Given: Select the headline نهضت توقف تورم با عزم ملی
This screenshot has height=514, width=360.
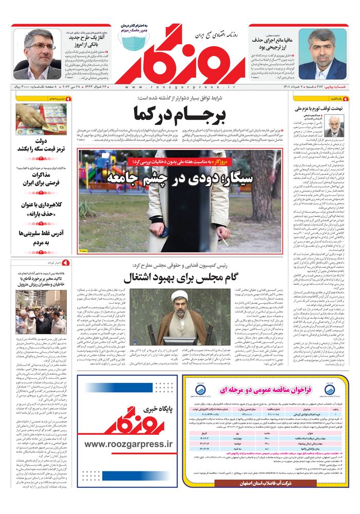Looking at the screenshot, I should pyautogui.click(x=318, y=109).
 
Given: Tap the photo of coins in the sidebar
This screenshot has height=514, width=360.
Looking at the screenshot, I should pyautogui.click(x=41, y=119).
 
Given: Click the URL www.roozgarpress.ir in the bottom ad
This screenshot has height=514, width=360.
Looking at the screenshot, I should pyautogui.click(x=126, y=443).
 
